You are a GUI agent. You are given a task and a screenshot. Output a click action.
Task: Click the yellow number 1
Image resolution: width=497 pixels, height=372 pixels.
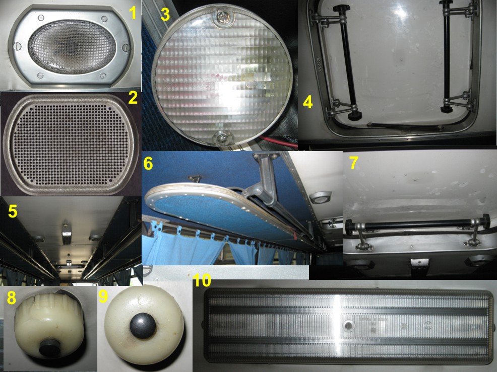133,13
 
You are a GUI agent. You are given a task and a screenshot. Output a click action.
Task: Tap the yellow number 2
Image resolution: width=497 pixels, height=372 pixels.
133,98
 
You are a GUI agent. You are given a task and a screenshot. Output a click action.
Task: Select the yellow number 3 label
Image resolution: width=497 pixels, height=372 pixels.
165,14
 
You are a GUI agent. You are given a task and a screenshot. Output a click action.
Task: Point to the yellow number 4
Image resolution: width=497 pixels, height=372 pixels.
308,102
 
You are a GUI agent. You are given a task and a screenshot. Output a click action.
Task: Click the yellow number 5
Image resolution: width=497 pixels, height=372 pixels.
13,211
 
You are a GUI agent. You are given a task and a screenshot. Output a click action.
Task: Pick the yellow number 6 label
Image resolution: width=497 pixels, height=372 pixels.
148,164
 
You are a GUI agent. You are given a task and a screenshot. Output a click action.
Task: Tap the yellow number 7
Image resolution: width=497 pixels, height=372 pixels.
353,163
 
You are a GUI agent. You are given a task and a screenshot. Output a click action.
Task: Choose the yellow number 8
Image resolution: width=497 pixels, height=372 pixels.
12,297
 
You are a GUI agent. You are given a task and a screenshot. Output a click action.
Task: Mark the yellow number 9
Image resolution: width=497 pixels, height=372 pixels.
103,296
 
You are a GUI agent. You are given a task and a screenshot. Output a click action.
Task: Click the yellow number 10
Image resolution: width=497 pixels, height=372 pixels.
202,280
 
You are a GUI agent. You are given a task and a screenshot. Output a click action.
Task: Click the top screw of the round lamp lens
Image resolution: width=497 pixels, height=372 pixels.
222,16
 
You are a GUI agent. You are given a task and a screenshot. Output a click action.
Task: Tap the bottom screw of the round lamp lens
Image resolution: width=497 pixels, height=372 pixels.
222,137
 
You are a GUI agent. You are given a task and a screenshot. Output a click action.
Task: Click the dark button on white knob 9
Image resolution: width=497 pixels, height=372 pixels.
143,326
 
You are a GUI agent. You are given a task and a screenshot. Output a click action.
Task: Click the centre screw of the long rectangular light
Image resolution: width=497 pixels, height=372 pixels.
349,325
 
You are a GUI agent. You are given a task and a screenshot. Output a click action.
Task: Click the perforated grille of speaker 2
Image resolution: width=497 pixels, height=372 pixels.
71,144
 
